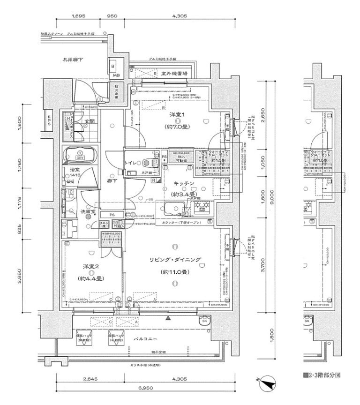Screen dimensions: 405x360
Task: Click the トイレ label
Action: tap(131, 162)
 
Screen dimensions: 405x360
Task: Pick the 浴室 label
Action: tap(74, 169)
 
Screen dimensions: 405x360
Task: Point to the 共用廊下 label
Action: tap(73, 60)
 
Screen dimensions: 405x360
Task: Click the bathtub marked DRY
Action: tap(80, 155)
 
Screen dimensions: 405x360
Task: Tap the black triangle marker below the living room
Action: tap(168, 317)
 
